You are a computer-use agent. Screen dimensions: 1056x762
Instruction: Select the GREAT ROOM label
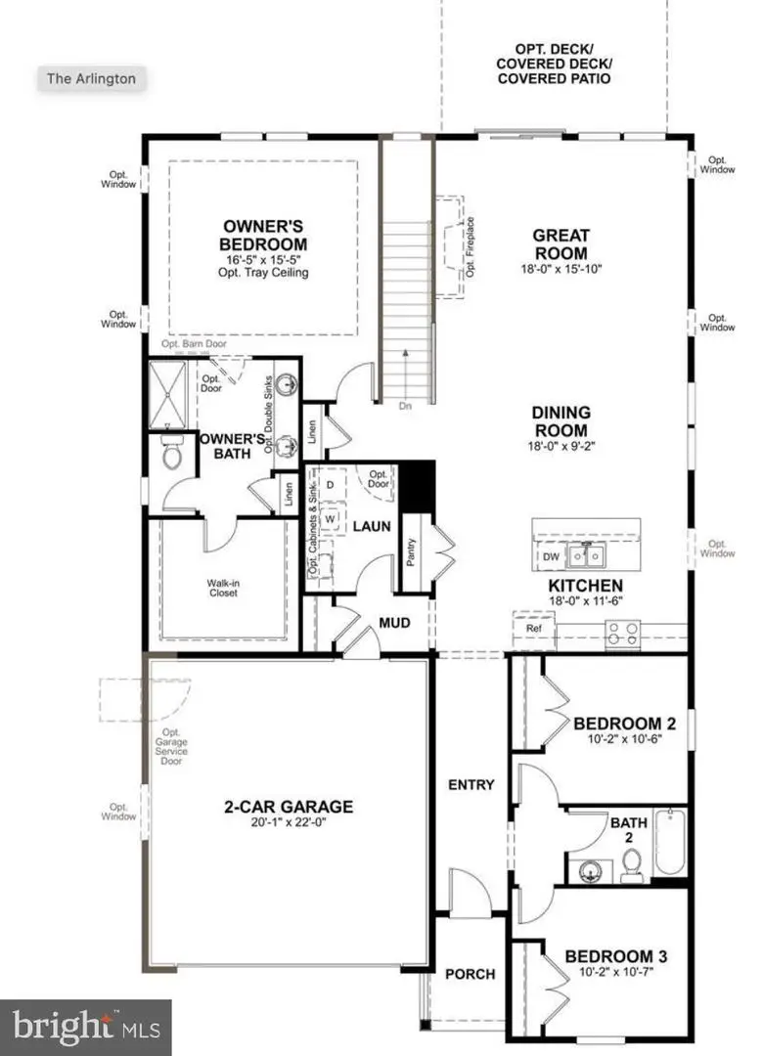(x=560, y=242)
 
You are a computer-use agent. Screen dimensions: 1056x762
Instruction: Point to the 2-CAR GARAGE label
(x=288, y=807)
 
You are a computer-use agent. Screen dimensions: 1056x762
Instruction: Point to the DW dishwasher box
(x=551, y=556)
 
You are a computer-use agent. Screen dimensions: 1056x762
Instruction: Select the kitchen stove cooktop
(x=622, y=635)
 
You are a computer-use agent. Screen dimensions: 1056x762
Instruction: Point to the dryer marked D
(x=330, y=484)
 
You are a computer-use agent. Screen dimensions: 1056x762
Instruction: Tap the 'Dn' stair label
(x=405, y=403)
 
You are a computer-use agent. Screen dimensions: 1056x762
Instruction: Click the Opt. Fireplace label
(x=471, y=246)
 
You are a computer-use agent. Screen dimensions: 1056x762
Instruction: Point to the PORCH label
(x=470, y=974)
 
